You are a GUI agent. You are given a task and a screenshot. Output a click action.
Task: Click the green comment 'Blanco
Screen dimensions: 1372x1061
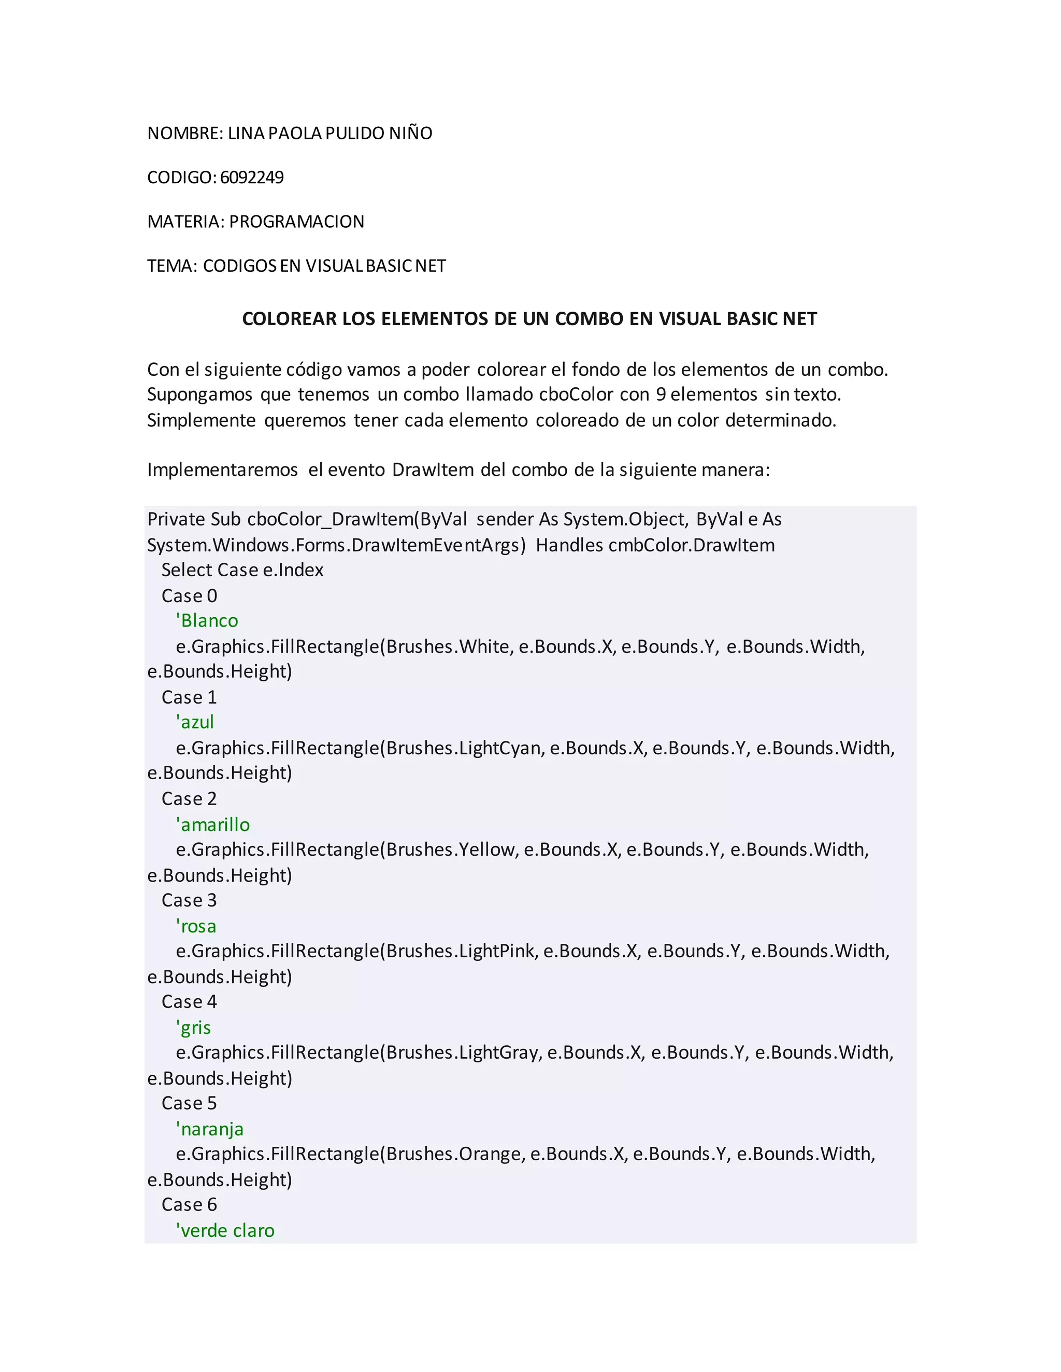pyautogui.click(x=207, y=621)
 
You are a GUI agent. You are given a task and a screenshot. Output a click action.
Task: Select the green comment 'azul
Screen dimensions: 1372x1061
pyautogui.click(x=195, y=722)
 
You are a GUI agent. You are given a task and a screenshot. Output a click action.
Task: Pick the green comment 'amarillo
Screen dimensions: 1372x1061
pyautogui.click(x=212, y=824)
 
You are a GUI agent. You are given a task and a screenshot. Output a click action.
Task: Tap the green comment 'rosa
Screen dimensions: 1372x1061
pyautogui.click(x=196, y=926)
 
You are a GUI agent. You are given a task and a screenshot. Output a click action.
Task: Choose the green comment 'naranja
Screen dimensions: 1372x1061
pyautogui.click(x=209, y=1130)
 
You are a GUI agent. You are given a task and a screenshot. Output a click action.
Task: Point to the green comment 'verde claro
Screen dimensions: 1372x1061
pyautogui.click(x=225, y=1231)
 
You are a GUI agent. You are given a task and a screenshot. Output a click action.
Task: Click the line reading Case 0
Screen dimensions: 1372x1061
pyautogui.click(x=189, y=595)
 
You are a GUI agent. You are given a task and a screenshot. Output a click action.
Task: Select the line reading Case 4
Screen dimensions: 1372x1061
pyautogui.click(x=189, y=1002)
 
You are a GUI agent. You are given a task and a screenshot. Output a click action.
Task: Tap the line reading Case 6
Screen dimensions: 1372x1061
pyautogui.click(x=189, y=1205)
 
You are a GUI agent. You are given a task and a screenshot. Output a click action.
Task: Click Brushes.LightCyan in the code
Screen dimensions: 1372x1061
pyautogui.click(x=465, y=748)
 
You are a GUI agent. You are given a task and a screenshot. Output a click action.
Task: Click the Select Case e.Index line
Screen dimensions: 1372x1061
pyautogui.click(x=242, y=570)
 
